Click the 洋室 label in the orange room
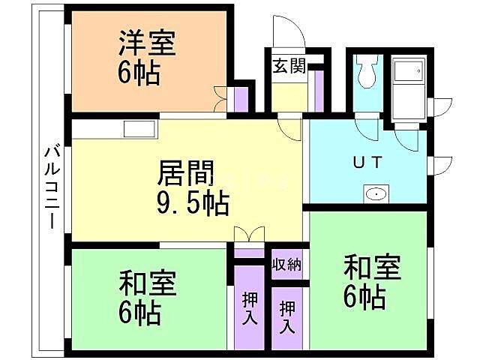[x=147, y=43]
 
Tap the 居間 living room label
[x=184, y=174]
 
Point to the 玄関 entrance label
[x=287, y=67]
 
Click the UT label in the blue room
[x=368, y=161]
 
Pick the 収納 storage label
[x=287, y=264]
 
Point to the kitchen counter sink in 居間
[x=139, y=127]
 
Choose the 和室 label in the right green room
[x=372, y=268]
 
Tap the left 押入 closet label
[x=250, y=308]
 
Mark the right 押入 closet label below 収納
[x=287, y=317]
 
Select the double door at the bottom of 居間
[x=249, y=235]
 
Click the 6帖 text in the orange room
[x=139, y=73]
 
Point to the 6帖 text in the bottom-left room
[x=139, y=313]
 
